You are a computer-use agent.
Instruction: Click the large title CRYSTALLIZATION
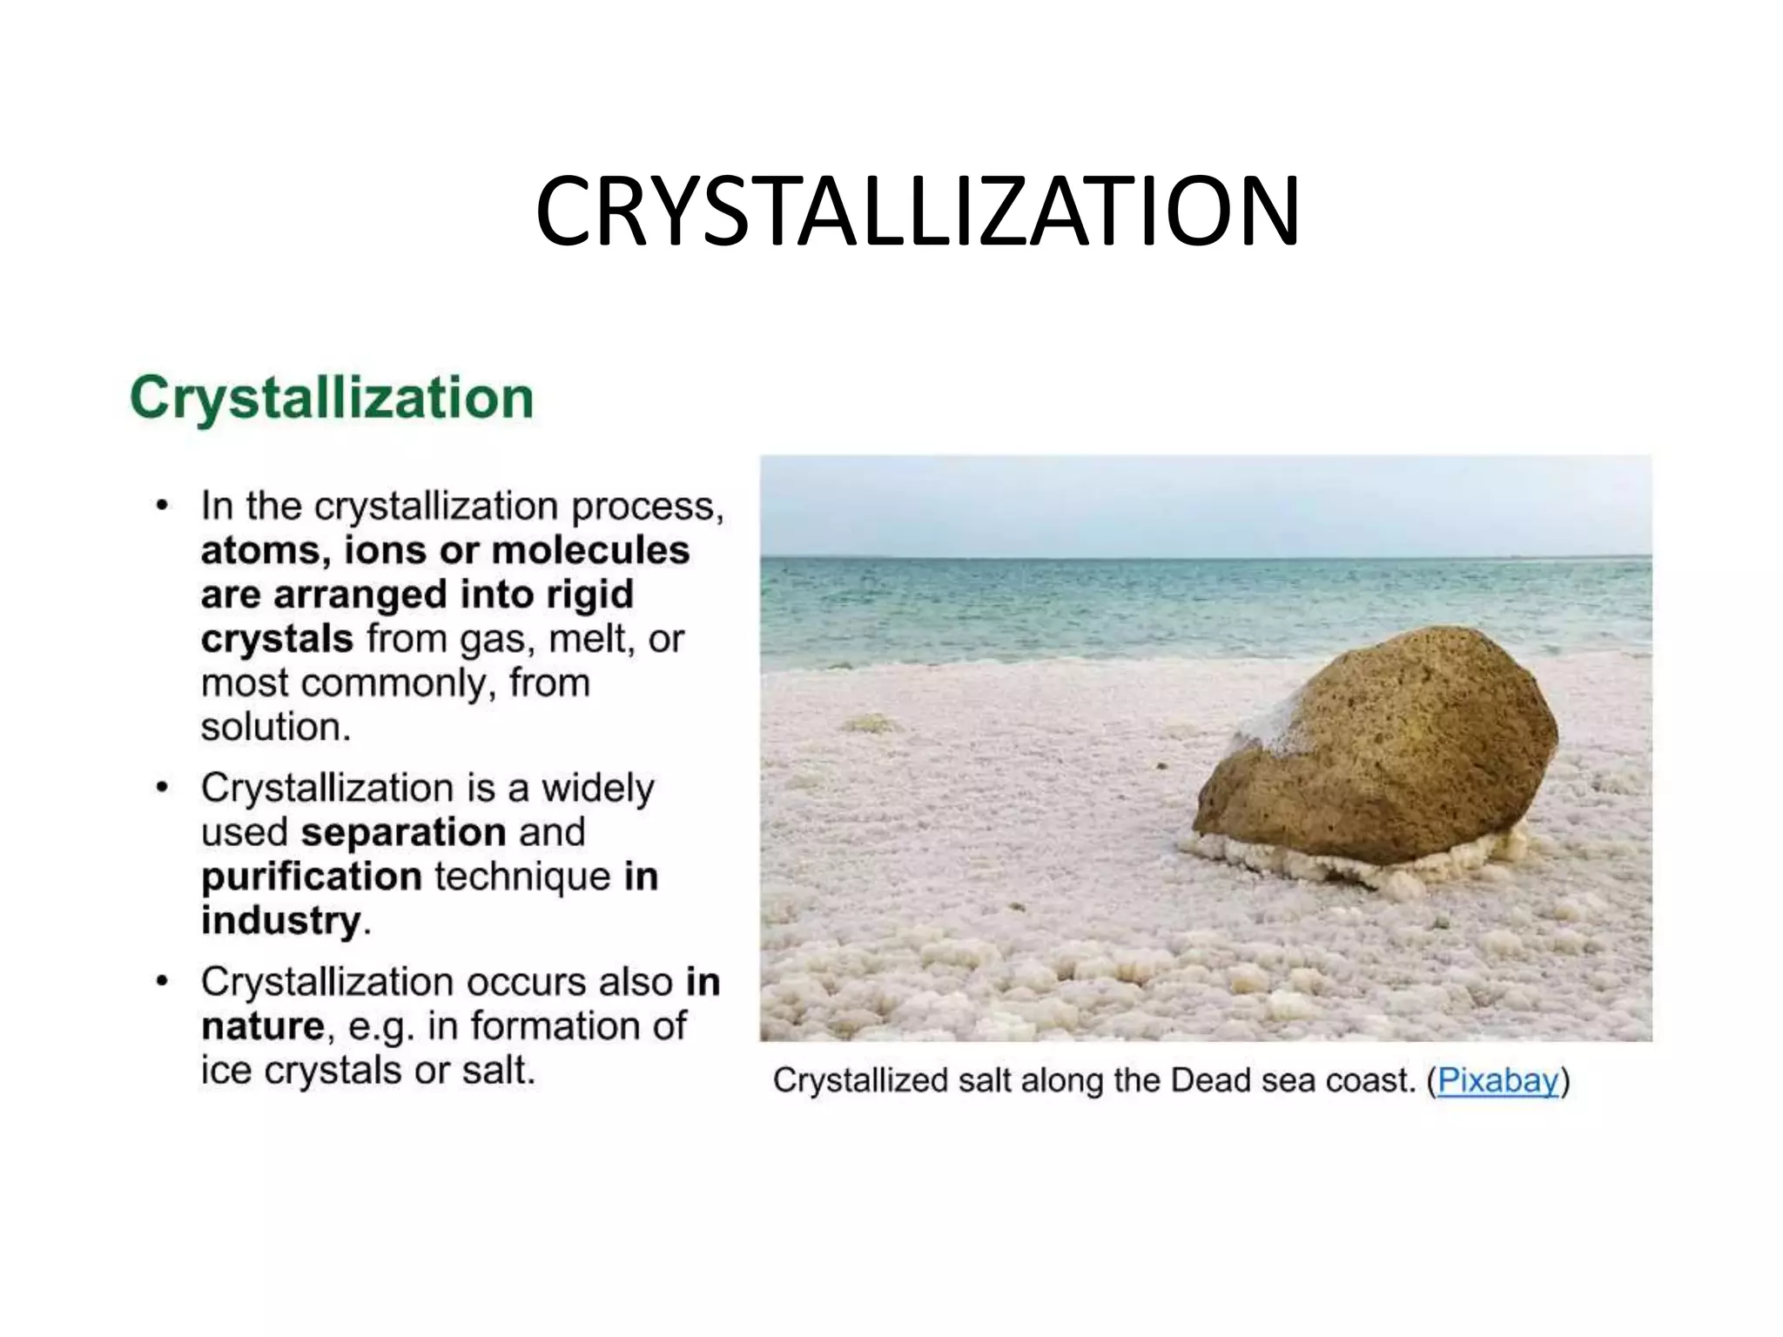pos(917,212)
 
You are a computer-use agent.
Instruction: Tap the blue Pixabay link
pos(1497,1080)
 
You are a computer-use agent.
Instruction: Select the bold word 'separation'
pos(403,832)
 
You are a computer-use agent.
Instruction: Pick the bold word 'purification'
pos(312,877)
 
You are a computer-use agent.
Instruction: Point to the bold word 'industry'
pos(281,921)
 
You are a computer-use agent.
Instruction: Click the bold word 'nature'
pos(263,1026)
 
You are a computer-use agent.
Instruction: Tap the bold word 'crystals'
pos(277,639)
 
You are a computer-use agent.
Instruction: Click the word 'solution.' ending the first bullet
pos(276,728)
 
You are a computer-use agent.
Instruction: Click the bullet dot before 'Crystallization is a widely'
pos(161,789)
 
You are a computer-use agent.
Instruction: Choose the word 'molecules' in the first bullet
pos(590,550)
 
